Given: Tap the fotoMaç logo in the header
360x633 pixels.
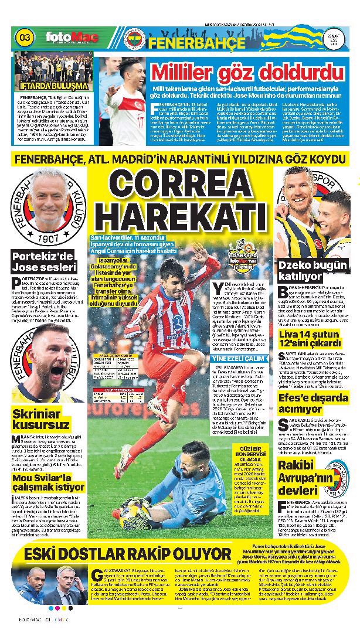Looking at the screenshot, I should (x=72, y=38).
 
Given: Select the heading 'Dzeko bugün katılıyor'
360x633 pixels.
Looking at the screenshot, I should (x=311, y=270).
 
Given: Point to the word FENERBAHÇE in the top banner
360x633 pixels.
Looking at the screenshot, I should (x=196, y=43).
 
